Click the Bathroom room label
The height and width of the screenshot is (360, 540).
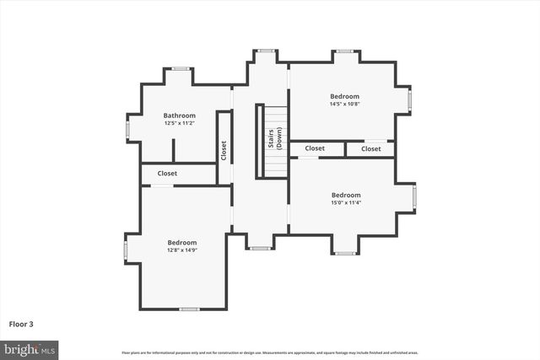(180, 116)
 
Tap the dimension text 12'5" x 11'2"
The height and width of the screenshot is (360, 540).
(180, 123)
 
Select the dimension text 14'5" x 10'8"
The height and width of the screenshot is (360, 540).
(344, 104)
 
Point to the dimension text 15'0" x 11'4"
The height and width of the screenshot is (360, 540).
(346, 202)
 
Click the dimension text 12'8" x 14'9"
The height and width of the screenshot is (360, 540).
(181, 250)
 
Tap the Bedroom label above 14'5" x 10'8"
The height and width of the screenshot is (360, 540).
(344, 96)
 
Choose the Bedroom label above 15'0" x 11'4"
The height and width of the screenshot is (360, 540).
(346, 195)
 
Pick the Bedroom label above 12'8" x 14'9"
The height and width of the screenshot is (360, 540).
(181, 242)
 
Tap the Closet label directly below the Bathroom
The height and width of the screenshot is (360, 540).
(167, 174)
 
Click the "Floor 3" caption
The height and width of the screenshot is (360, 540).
(22, 324)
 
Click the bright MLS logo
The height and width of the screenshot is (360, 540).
(30, 348)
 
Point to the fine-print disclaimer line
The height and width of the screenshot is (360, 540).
(270, 352)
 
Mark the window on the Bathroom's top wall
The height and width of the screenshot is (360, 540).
(180, 68)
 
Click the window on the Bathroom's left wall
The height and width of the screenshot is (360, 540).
(127, 130)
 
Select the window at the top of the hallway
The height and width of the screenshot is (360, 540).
(267, 51)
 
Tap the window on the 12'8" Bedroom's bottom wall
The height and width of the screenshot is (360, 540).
(189, 309)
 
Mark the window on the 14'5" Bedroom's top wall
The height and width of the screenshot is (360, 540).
(344, 51)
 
